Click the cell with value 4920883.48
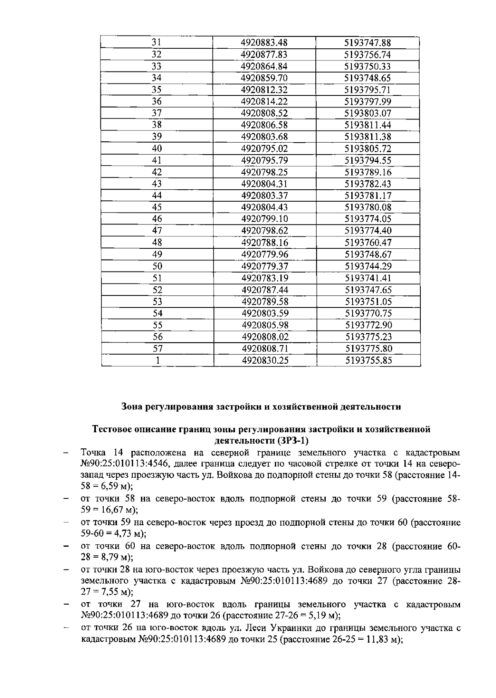pyautogui.click(x=264, y=43)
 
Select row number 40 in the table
pyautogui.click(x=157, y=148)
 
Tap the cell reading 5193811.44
pyautogui.click(x=368, y=125)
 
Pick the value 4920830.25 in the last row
pyautogui.click(x=265, y=360)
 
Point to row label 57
pyautogui.click(x=157, y=349)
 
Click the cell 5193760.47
pyautogui.click(x=368, y=243)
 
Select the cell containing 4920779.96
pyautogui.click(x=265, y=254)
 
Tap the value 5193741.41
pyautogui.click(x=368, y=278)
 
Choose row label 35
pyautogui.click(x=157, y=90)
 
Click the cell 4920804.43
pyautogui.click(x=265, y=207)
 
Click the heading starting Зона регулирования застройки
pyautogui.click(x=261, y=407)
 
